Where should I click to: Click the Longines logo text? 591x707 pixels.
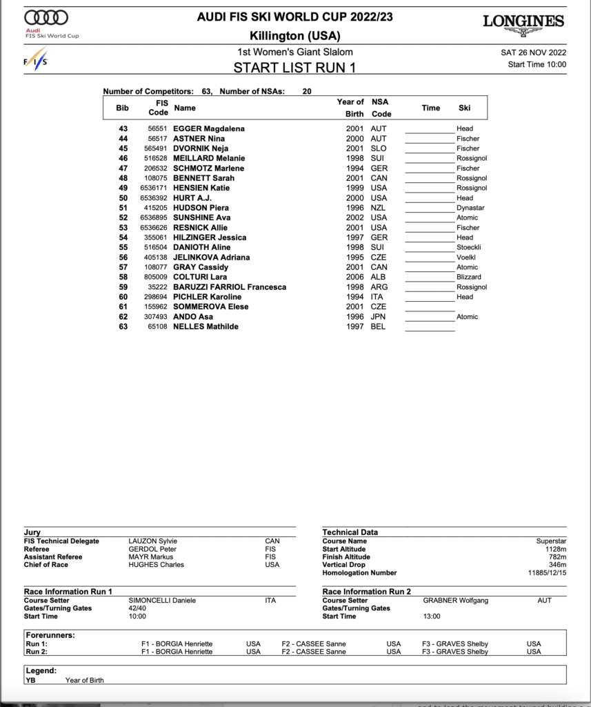point(523,21)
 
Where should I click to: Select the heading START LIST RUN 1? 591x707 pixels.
point(295,68)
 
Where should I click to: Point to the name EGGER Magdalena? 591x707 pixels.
point(208,128)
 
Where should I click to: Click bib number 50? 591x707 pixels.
point(123,197)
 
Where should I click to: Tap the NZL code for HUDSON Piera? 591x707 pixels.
point(378,208)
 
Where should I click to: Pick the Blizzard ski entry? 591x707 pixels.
point(469,277)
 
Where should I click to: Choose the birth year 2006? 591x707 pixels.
point(354,277)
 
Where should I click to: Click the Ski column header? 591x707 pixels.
point(464,108)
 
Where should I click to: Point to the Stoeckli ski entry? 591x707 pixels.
point(469,247)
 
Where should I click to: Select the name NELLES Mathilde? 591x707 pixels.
point(206,327)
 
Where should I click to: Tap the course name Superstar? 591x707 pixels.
point(551,541)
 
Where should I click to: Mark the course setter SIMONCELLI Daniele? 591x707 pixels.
point(162,601)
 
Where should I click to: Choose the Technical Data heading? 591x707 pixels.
point(350,532)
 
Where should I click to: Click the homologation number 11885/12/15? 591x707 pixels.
point(547,573)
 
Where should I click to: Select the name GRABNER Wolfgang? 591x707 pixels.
point(455,601)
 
